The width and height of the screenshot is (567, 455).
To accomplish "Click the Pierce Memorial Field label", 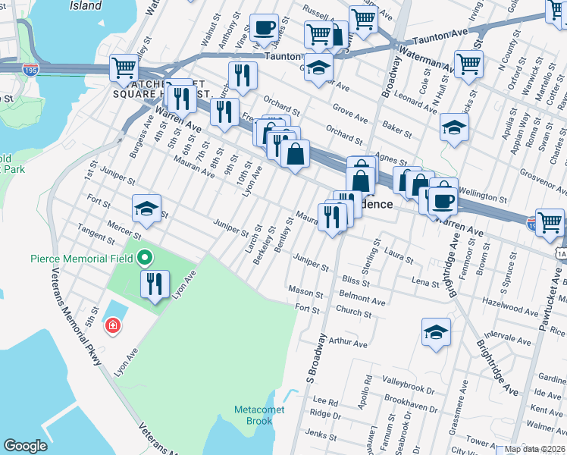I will pos(82,259).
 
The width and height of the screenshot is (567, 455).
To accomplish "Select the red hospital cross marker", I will pos(113,325).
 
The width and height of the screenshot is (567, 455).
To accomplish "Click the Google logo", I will pos(25,446).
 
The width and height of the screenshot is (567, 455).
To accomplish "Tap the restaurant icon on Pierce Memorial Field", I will pos(155,284).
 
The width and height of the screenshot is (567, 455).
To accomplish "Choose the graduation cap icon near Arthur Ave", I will pos(436,331).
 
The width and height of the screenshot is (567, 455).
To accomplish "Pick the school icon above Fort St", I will pos(146,209).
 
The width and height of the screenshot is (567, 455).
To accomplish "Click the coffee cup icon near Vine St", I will pos(265,28).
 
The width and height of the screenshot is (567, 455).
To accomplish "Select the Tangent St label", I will pos(96,236).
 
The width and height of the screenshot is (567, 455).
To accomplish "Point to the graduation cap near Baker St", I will pos(454,127).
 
